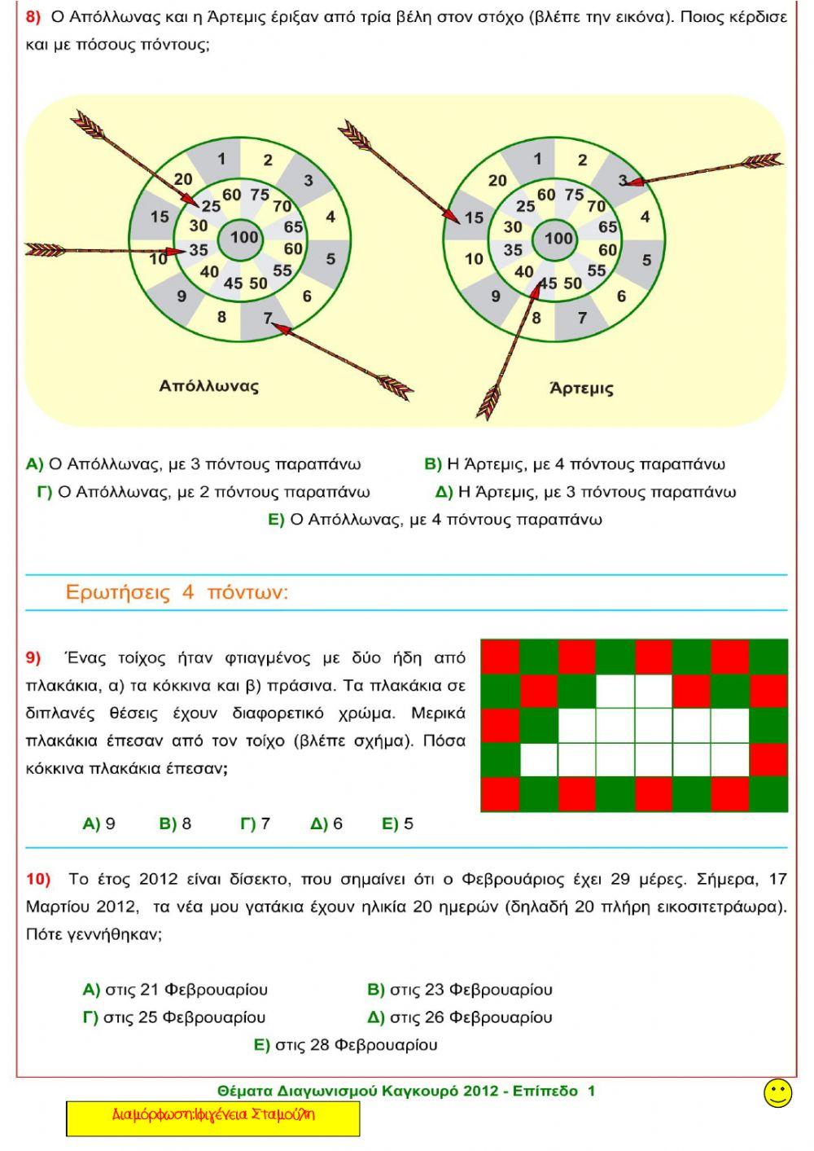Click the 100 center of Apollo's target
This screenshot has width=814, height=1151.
click(x=243, y=237)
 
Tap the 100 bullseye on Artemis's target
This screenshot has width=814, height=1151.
click(x=558, y=238)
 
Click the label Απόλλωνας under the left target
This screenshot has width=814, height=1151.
click(x=208, y=385)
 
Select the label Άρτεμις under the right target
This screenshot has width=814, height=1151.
click(x=581, y=388)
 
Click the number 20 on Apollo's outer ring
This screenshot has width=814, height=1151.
click(x=183, y=179)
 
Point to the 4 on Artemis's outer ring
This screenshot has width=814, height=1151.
click(x=645, y=217)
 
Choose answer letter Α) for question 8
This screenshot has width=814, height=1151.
click(x=34, y=464)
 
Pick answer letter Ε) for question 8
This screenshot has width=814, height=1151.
click(x=276, y=520)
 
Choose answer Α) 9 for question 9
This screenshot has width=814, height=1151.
click(x=99, y=824)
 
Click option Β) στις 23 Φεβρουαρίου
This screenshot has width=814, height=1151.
click(x=460, y=990)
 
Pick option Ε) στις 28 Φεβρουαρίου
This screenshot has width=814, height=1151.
click(x=346, y=1044)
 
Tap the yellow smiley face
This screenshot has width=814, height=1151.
click(x=777, y=1093)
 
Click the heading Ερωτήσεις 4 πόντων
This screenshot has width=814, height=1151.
click(x=177, y=592)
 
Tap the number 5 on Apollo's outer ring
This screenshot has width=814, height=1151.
click(x=330, y=259)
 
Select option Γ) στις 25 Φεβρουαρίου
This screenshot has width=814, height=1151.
click(x=174, y=1017)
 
